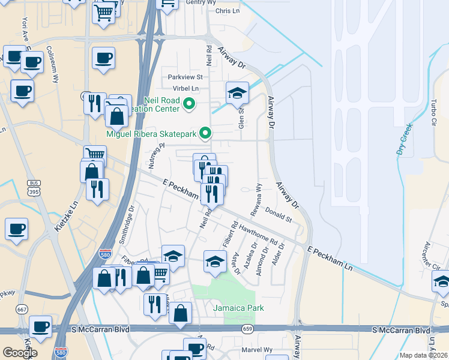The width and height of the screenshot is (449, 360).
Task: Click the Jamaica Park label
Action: pos(238,308)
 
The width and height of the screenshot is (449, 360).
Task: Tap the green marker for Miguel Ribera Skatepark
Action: pos(205,133)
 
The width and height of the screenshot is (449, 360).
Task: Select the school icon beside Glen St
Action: pos(237,93)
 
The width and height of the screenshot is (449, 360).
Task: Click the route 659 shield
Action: pos(247,329)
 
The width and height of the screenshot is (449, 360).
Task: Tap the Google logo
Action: pos(20,352)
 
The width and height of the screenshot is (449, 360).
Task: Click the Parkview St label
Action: pos(185,77)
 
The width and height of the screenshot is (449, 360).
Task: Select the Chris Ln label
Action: pos(227,11)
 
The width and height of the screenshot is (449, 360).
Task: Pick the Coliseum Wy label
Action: pos(52,60)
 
